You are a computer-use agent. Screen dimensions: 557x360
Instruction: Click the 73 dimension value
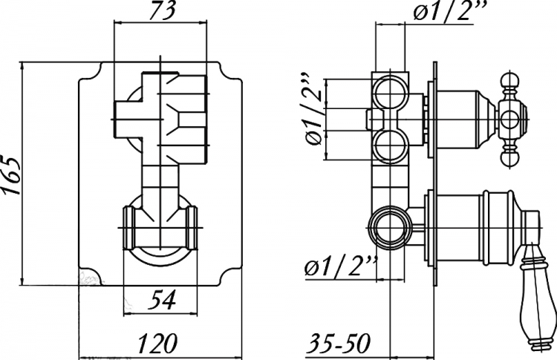(162, 10)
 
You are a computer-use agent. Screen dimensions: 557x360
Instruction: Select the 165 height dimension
(11, 174)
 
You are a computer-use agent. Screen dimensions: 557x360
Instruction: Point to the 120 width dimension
(157, 344)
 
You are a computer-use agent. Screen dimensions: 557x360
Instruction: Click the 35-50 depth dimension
(338, 344)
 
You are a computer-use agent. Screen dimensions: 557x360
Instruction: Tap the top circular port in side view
(391, 92)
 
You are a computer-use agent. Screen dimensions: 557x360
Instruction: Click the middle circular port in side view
(391, 146)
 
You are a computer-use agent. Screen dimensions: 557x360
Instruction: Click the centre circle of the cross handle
(512, 120)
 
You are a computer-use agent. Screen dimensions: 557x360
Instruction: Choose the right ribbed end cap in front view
(192, 228)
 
